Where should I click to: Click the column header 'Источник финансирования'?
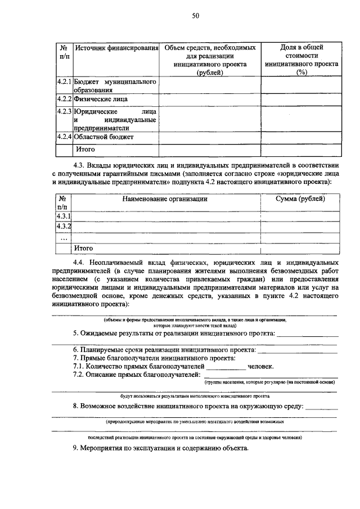click(x=116, y=48)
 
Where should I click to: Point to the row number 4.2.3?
click(x=64, y=111)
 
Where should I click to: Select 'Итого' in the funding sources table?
click(x=85, y=150)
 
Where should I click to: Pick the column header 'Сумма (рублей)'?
click(x=300, y=199)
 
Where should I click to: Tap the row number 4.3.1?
click(x=64, y=216)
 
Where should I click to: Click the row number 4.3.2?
click(x=64, y=226)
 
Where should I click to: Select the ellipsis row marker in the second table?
click(x=64, y=237)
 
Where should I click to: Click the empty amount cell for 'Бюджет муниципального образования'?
click(x=209, y=85)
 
